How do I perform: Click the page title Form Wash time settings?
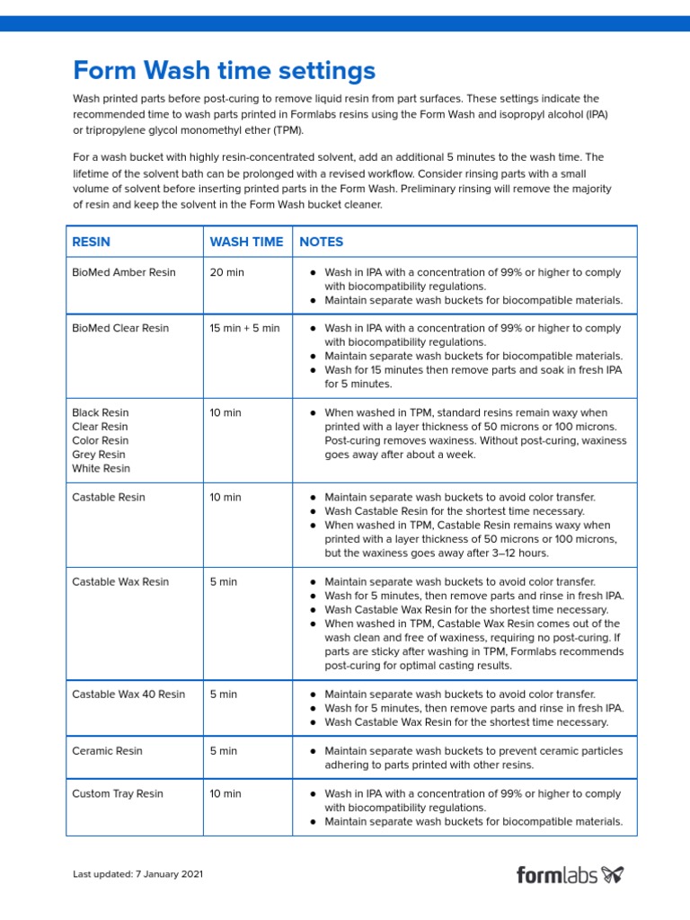[x=224, y=70]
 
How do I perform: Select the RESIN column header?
[x=92, y=242]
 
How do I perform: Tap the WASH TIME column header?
[x=246, y=242]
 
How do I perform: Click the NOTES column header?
[x=322, y=242]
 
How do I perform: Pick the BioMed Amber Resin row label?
[x=124, y=272]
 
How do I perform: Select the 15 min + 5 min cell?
[x=244, y=328]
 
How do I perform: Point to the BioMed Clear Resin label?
[x=120, y=328]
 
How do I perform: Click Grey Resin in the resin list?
[x=99, y=455]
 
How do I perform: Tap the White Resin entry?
[x=101, y=468]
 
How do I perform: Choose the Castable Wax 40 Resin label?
[x=128, y=694]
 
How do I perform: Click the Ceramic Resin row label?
[x=107, y=751]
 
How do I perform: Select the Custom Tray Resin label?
[x=118, y=793]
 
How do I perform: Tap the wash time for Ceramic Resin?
[x=224, y=751]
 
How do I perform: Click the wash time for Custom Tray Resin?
[x=226, y=793]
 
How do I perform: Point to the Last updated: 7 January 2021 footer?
[x=143, y=874]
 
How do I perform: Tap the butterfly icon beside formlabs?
[x=613, y=873]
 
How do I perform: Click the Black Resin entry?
[x=101, y=412]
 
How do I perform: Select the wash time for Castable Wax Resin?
[x=224, y=581]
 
